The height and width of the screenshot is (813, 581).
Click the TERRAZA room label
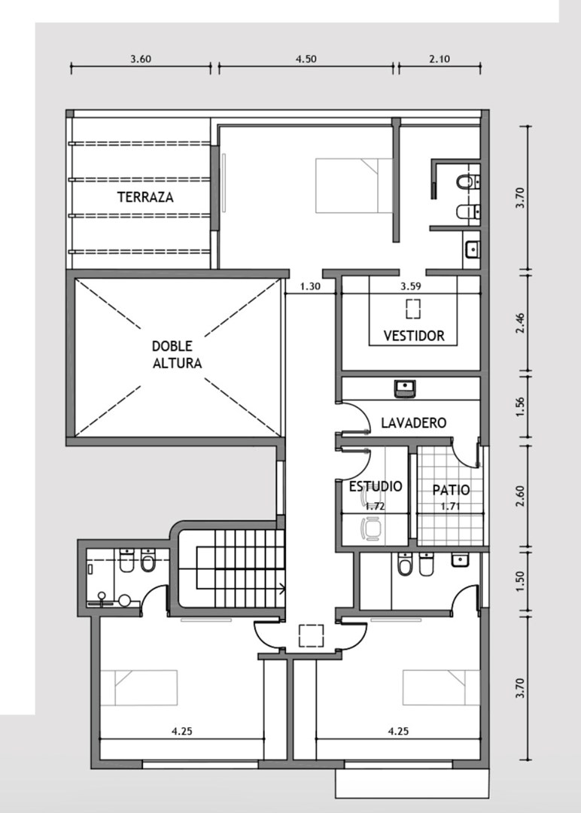point(145,197)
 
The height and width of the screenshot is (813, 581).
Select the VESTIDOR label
point(414,336)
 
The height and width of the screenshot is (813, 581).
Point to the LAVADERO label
point(414,422)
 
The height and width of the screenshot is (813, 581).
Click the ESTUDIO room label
point(376,486)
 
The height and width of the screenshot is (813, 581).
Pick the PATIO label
point(451,490)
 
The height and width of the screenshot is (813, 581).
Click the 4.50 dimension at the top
point(306,59)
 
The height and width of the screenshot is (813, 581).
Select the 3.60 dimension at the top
point(141,59)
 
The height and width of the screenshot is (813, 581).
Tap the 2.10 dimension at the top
point(440,59)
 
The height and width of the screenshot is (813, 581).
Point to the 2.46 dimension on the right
point(521,323)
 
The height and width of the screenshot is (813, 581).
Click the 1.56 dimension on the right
point(521,406)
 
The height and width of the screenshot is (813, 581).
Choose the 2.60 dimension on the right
point(521,495)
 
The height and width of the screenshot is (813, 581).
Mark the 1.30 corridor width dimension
point(310,286)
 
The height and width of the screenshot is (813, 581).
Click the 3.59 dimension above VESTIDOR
point(410,286)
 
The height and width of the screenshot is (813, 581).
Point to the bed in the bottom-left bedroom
point(138,688)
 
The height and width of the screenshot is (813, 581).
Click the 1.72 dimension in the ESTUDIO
point(375,507)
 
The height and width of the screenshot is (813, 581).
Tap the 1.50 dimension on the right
point(521,581)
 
